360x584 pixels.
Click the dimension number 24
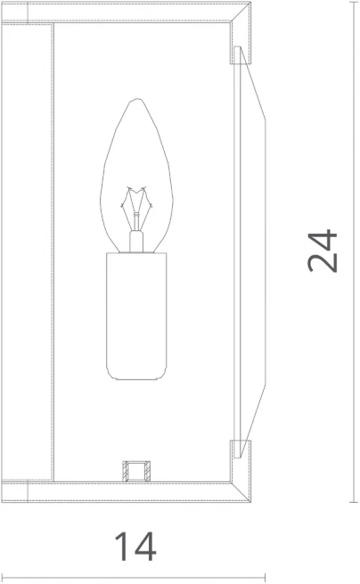pyautogui.click(x=323, y=251)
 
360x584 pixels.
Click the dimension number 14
pyautogui.click(x=135, y=546)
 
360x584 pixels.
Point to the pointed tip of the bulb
pyautogui.click(x=137, y=99)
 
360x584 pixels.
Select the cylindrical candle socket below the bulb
pyautogui.click(x=136, y=317)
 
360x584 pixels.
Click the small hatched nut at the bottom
pyautogui.click(x=136, y=471)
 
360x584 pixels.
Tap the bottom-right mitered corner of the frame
pyautogui.click(x=241, y=491)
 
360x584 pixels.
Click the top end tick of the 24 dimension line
pyautogui.click(x=354, y=2)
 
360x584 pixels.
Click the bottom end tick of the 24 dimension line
pyautogui.click(x=354, y=502)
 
